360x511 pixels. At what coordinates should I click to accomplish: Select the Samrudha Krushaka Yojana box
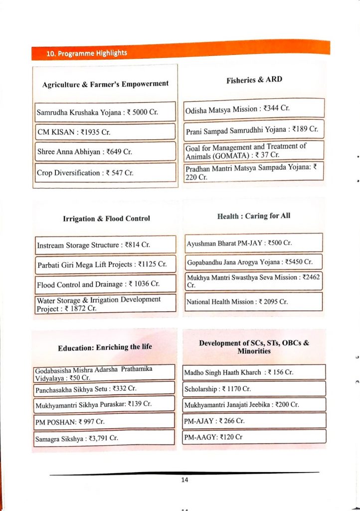[106, 112]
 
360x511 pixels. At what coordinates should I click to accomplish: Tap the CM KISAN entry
[106, 132]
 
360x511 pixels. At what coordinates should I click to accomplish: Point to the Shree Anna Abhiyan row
[106, 152]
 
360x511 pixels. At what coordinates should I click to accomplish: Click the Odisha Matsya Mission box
[254, 108]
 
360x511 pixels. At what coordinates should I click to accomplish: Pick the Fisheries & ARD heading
[254, 80]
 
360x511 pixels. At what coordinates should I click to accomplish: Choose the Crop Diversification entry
[106, 173]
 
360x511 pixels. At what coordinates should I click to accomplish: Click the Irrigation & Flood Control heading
[106, 219]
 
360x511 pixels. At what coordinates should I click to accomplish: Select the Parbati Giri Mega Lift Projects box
[106, 264]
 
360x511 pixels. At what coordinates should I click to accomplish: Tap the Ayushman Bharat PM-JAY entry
[254, 243]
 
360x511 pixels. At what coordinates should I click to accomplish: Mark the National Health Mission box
[254, 301]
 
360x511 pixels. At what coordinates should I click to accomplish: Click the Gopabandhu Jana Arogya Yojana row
[254, 262]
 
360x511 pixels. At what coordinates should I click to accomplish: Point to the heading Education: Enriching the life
[105, 347]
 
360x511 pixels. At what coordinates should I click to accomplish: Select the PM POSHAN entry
[105, 422]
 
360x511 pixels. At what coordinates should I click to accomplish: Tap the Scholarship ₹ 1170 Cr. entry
[254, 388]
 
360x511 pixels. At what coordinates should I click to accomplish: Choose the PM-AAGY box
[254, 437]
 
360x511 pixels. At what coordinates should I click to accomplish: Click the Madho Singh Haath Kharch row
[254, 372]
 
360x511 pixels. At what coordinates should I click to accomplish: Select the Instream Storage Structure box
[106, 245]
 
